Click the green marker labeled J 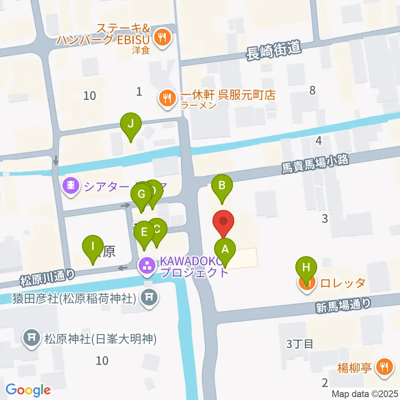pos(131,124)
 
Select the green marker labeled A pos(225,250)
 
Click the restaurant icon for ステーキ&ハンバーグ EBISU pos(161,38)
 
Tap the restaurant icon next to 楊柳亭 pos(384,367)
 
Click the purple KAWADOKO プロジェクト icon pos(146,266)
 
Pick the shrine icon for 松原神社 pos(32,336)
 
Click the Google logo pos(28,390)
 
